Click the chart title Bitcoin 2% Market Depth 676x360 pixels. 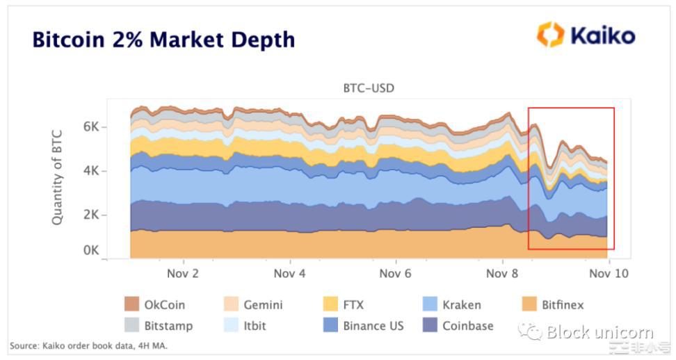[163, 40]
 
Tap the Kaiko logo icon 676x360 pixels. [549, 35]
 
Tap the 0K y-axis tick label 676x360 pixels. [92, 250]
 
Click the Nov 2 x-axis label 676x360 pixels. [184, 273]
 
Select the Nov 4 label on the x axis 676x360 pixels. [289, 273]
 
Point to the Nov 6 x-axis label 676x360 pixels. [395, 273]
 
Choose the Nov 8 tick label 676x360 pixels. [501, 273]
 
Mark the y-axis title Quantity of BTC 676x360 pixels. [58, 177]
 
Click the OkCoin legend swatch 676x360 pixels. [131, 304]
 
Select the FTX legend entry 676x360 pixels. [344, 304]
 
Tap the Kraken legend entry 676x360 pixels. [452, 304]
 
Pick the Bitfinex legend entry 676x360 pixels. [553, 304]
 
